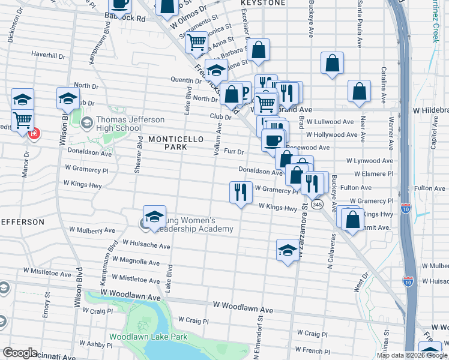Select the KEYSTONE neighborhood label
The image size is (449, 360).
(263, 3)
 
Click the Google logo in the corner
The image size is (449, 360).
(19, 353)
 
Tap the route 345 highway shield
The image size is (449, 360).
(318, 205)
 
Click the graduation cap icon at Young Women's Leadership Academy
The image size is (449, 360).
(154, 217)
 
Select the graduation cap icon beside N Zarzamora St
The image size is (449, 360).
(288, 250)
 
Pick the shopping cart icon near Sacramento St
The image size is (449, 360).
(196, 43)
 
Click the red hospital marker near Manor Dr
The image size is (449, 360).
(35, 133)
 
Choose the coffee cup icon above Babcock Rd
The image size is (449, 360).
(121, 4)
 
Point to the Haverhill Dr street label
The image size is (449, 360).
(47, 55)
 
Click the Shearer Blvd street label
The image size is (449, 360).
(139, 155)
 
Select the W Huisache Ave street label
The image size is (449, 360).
(146, 243)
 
